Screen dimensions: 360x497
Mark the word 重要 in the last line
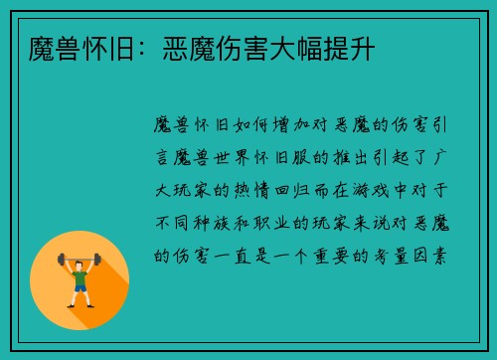325,254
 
